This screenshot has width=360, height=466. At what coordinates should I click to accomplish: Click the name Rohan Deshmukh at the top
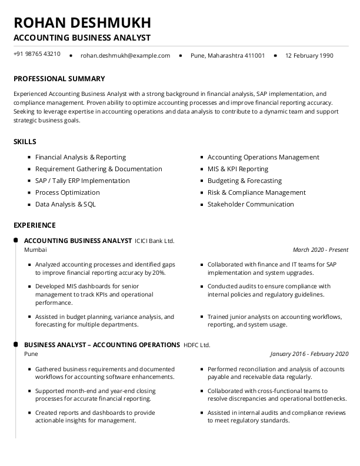pos(82,22)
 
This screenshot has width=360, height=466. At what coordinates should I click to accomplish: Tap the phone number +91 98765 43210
pos(36,54)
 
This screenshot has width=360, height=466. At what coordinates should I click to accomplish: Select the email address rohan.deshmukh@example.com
pos(125,56)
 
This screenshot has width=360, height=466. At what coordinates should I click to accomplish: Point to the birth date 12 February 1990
pos(309,56)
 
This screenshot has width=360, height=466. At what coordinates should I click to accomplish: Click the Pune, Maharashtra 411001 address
pos(228,56)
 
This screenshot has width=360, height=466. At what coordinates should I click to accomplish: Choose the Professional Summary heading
pos(59,79)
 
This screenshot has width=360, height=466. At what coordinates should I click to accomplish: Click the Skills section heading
pos(25,142)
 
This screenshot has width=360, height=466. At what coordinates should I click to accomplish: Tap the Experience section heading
pos(35,225)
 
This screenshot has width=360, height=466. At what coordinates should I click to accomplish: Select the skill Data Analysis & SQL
pos(65,204)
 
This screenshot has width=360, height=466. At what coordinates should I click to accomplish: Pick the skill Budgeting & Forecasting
pos(245,181)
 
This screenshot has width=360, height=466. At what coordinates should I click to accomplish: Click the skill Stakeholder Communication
pos(251,204)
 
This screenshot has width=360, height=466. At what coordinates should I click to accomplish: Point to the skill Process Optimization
pos(68,192)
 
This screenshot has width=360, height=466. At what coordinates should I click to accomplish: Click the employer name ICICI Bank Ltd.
pos(155,241)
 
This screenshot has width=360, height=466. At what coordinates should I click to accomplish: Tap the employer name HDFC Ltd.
pos(196,345)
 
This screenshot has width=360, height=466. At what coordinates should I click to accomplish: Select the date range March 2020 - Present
pos(321,250)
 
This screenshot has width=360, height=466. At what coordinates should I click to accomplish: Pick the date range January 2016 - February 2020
pos(309,354)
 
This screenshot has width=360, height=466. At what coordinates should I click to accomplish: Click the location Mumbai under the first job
pos(35,250)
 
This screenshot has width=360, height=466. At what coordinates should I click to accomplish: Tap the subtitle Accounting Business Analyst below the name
pos(82,38)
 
